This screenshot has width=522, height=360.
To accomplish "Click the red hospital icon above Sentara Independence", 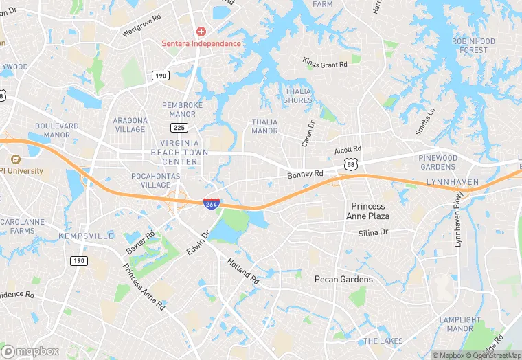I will (201, 32).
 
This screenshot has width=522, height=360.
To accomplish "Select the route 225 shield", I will (179, 128).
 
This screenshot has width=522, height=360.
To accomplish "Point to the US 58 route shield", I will (350, 164).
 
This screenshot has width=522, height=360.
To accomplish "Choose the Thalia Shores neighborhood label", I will (298, 95).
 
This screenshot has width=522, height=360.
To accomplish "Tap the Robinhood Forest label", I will (474, 45).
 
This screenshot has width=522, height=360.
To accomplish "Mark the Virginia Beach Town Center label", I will (174, 152).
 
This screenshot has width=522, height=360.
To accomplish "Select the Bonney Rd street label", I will (305, 175).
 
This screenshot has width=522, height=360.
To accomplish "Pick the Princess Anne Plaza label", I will (370, 211).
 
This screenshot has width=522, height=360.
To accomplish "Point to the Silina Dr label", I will (373, 233).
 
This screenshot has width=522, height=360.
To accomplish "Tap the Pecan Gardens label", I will (343, 279).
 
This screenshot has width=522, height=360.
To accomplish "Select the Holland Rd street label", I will (244, 271).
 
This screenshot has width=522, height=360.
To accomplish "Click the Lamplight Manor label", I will (459, 324).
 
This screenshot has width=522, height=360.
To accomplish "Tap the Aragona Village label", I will (130, 124).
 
